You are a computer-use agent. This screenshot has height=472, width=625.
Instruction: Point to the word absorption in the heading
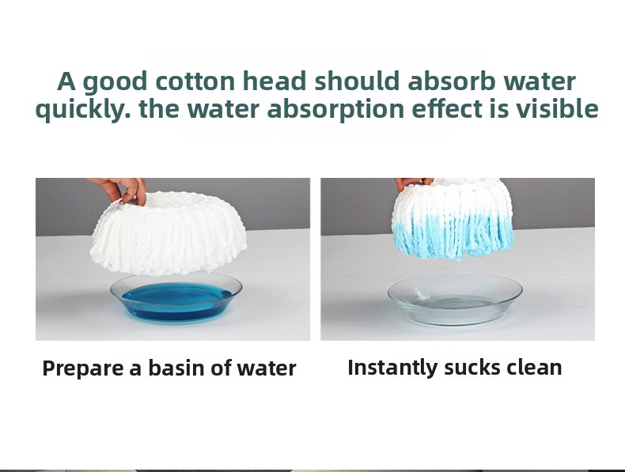(x=335, y=109)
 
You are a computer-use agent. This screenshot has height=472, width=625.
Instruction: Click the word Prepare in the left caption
(x=82, y=368)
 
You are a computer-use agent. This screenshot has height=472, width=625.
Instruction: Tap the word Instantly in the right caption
(x=392, y=368)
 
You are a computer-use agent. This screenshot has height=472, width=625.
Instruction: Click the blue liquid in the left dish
(x=177, y=301)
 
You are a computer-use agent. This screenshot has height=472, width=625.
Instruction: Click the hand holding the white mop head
(x=120, y=190)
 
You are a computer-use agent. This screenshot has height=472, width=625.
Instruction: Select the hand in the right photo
(x=413, y=183)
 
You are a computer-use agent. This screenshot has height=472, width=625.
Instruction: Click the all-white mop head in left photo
(x=168, y=233)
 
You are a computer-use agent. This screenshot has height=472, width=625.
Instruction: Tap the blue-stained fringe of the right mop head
(x=453, y=238)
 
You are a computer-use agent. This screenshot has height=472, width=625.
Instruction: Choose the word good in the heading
(x=115, y=83)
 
